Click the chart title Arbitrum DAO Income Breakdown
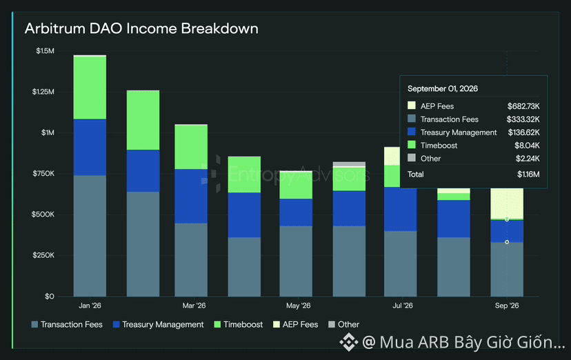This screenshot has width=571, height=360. click(x=141, y=28)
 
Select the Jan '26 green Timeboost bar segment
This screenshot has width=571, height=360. click(x=90, y=88)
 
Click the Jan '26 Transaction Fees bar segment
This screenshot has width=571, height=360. click(x=90, y=236)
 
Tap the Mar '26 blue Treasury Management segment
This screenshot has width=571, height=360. click(x=191, y=196)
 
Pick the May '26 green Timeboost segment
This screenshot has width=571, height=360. click(x=296, y=186)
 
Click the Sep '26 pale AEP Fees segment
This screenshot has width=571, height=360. click(x=507, y=204)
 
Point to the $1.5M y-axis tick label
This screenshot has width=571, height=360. click(x=45, y=51)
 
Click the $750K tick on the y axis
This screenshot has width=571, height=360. click(x=43, y=174)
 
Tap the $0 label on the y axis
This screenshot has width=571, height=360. click(x=50, y=297)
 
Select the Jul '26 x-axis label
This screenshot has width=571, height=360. click(x=403, y=306)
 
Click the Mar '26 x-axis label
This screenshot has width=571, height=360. click(x=194, y=306)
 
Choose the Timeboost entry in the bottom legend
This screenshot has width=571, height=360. click(x=239, y=324)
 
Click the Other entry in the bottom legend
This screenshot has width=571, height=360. click(x=343, y=324)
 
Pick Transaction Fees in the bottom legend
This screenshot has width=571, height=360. click(x=67, y=324)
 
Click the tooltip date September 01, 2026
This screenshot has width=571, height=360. click(x=443, y=89)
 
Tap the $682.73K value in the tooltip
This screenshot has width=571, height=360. click(x=523, y=106)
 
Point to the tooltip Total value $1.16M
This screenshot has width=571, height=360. click(x=528, y=174)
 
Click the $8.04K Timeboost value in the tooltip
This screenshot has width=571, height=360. click(x=527, y=146)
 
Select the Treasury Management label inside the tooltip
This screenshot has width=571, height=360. click(x=459, y=132)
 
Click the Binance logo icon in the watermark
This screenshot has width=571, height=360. click(x=349, y=342)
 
